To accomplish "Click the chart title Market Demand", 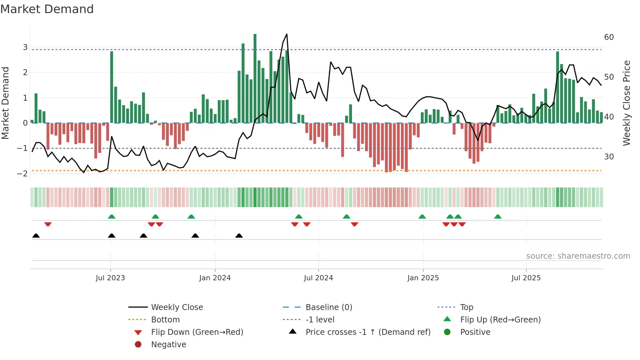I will point(47,9).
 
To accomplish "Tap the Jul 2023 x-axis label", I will point(110,278).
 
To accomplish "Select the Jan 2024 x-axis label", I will point(215,278).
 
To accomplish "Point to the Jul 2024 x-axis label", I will point(318,278).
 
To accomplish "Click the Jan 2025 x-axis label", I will point(423,278).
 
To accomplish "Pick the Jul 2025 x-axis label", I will point(526,278).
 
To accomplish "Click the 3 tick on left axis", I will point(25,47).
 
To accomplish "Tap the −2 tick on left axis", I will point(23,174).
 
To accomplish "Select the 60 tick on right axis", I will point(609,37).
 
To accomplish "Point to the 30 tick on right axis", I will point(609,157).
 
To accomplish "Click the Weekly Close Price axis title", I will point(627,103).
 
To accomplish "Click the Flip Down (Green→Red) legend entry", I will point(197,332).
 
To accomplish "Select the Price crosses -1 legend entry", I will point(368,332).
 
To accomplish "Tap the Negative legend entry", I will point(168,345).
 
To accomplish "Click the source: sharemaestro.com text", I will point(578,256).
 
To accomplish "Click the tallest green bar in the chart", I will point(255,78).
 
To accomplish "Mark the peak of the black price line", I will point(287,34).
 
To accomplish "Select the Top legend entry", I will point(467,307).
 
